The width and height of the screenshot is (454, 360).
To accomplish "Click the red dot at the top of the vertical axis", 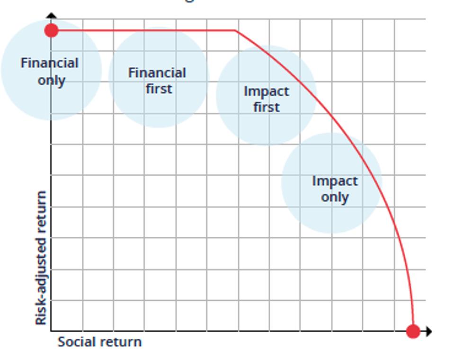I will pyautogui.click(x=52, y=31).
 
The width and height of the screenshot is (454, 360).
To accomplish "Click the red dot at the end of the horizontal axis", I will pyautogui.click(x=413, y=331).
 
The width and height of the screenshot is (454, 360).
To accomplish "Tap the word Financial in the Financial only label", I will pyautogui.click(x=50, y=63).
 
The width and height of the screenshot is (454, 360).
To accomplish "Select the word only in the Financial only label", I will pyautogui.click(x=51, y=80).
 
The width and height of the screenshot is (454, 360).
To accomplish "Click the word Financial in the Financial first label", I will pyautogui.click(x=157, y=73).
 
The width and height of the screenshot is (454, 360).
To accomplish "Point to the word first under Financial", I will pyautogui.click(x=159, y=89).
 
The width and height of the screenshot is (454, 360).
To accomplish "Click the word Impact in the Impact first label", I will pyautogui.click(x=266, y=91).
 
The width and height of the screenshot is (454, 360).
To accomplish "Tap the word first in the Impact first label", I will pyautogui.click(x=266, y=107).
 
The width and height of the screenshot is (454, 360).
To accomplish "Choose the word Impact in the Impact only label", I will pyautogui.click(x=335, y=181).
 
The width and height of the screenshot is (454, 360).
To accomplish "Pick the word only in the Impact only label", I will pyautogui.click(x=335, y=197).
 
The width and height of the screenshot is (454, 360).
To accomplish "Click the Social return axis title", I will pyautogui.click(x=99, y=342).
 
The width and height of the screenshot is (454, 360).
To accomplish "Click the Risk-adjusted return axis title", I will pyautogui.click(x=41, y=258).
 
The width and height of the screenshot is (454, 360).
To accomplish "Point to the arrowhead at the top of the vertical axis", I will pyautogui.click(x=52, y=16).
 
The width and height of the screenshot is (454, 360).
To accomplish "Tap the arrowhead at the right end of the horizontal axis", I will pyautogui.click(x=428, y=331).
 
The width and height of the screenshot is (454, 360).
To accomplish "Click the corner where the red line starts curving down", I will pyautogui.click(x=236, y=31).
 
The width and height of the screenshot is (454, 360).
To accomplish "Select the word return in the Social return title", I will pyautogui.click(x=121, y=342).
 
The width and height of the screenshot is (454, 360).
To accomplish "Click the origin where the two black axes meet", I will pyautogui.click(x=51, y=331).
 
